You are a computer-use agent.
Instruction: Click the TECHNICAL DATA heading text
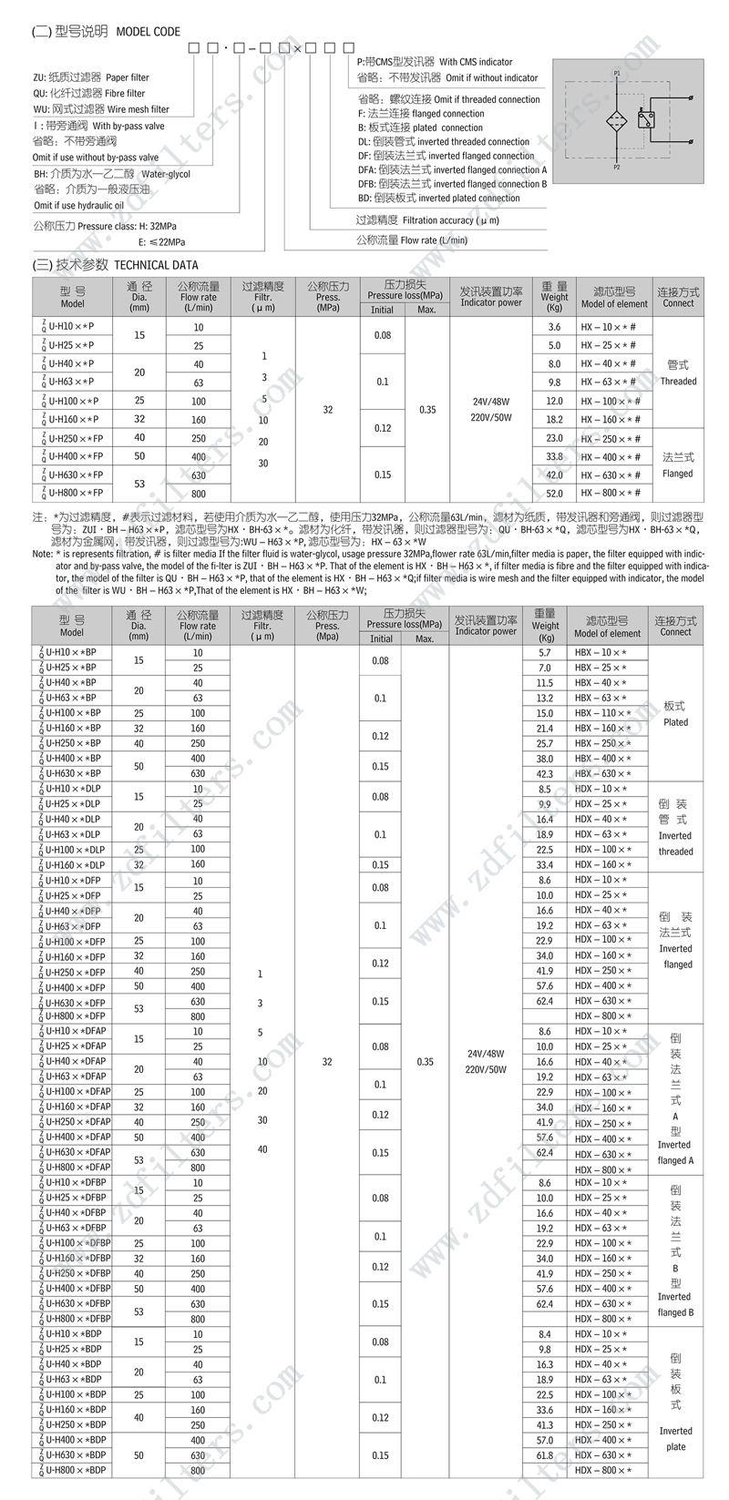pos(154,265)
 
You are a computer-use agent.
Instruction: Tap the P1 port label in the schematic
pos(617,72)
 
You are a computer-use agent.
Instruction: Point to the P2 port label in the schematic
pos(617,168)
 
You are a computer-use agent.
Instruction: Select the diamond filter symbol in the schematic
pos(617,121)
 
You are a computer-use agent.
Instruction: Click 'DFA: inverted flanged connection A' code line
pos(452,169)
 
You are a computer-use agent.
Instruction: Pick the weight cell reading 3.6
pos(553,327)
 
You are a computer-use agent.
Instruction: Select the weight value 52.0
pos(553,494)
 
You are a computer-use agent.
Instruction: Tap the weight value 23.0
pos(553,438)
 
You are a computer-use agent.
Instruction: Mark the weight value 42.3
pos(545,773)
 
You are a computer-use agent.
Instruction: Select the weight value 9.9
pos(545,804)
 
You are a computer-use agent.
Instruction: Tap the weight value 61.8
pos(545,1455)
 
